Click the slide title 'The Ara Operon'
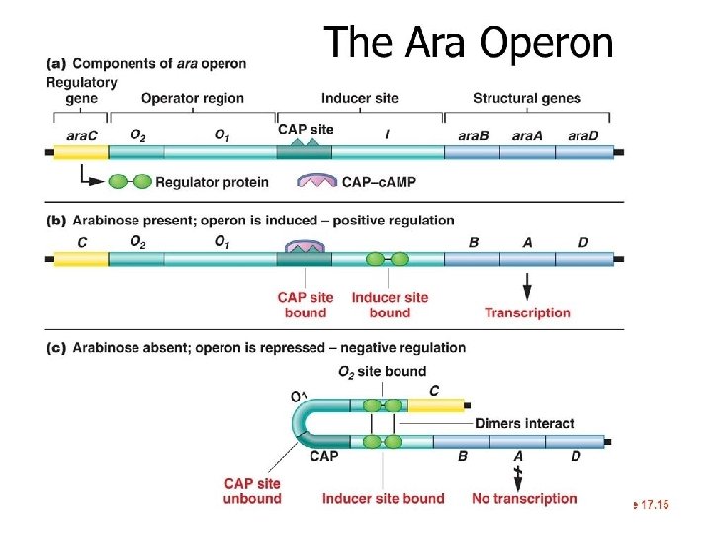469,43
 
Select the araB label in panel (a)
474,134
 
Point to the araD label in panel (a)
582,134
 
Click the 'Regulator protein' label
211,182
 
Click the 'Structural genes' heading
526,98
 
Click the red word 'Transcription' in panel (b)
527,312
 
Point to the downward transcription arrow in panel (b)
527,286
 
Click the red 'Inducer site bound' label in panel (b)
390,305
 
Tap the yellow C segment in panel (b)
79,259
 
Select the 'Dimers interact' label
524,423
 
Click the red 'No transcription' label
524,498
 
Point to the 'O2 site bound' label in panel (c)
382,372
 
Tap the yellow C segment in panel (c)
435,405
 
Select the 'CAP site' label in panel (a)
307,129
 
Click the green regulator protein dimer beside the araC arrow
130,182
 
